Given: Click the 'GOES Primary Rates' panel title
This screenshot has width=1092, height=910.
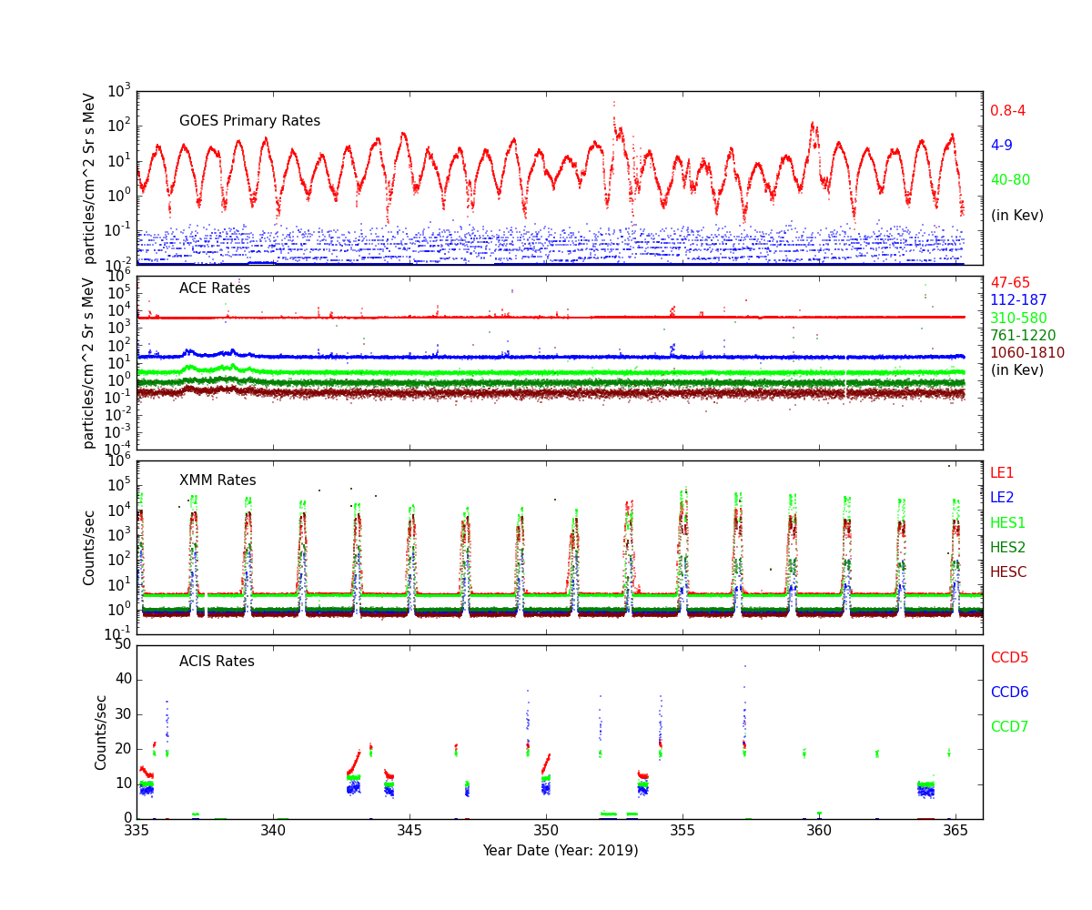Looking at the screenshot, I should pos(249,121).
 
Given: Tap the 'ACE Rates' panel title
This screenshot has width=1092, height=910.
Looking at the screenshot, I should pos(214,288).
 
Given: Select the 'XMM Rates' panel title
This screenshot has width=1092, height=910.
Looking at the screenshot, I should pos(217,480).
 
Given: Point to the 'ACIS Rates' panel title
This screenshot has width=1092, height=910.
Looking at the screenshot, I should pos(217,662).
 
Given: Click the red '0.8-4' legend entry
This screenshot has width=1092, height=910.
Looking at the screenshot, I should pos(1007,111).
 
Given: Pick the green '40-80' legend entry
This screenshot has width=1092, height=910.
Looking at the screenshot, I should pos(1010,180).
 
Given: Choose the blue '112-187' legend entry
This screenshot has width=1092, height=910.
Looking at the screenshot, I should pos(1018,300).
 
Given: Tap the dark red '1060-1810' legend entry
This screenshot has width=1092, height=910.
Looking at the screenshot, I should pos(1026,353).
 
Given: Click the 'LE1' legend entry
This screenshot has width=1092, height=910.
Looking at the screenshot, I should pos(1002,473).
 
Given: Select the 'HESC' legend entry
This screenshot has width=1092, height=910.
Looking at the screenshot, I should pos(1007,572).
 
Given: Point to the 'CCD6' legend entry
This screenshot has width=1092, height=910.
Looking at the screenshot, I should pos(1009,693).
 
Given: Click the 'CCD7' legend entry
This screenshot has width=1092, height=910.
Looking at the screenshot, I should pos(1009,727).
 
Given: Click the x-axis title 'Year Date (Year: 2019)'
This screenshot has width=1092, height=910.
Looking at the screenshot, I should pos(560,851).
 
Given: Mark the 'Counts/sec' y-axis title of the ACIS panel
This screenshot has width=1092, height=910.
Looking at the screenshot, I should pos(102,732).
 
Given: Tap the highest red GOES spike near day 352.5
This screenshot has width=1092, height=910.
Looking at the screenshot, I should pos(613,103).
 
